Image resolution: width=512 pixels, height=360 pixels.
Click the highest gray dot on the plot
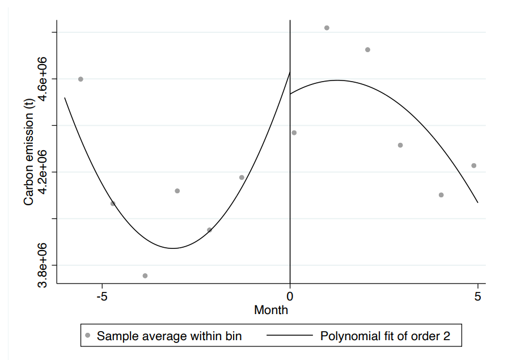[x=327, y=28]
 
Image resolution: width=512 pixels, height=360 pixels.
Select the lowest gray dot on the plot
[x=145, y=276]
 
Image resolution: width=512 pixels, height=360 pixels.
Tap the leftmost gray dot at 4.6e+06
[x=81, y=79]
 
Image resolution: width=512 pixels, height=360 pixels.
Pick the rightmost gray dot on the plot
[x=473, y=166]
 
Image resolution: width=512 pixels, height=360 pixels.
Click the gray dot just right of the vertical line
[x=294, y=133]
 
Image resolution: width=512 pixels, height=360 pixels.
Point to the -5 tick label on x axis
[x=102, y=297]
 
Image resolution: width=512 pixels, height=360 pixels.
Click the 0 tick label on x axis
[x=290, y=297]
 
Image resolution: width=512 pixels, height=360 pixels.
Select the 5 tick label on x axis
[x=477, y=297]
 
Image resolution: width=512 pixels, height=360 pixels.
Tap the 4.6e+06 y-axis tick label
[x=43, y=79]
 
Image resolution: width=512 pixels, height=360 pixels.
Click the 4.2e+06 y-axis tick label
[x=43, y=172]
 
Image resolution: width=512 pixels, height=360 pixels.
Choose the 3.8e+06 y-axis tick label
[x=43, y=265]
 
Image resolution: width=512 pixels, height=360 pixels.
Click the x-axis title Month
[x=271, y=310]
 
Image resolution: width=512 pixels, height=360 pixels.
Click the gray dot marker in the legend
[x=87, y=336]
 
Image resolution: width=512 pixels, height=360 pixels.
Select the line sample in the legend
[x=289, y=336]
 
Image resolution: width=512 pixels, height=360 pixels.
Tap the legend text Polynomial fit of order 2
[x=385, y=336]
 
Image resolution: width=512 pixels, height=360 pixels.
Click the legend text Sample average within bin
[x=170, y=336]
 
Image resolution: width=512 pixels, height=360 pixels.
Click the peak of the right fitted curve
[x=337, y=80]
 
